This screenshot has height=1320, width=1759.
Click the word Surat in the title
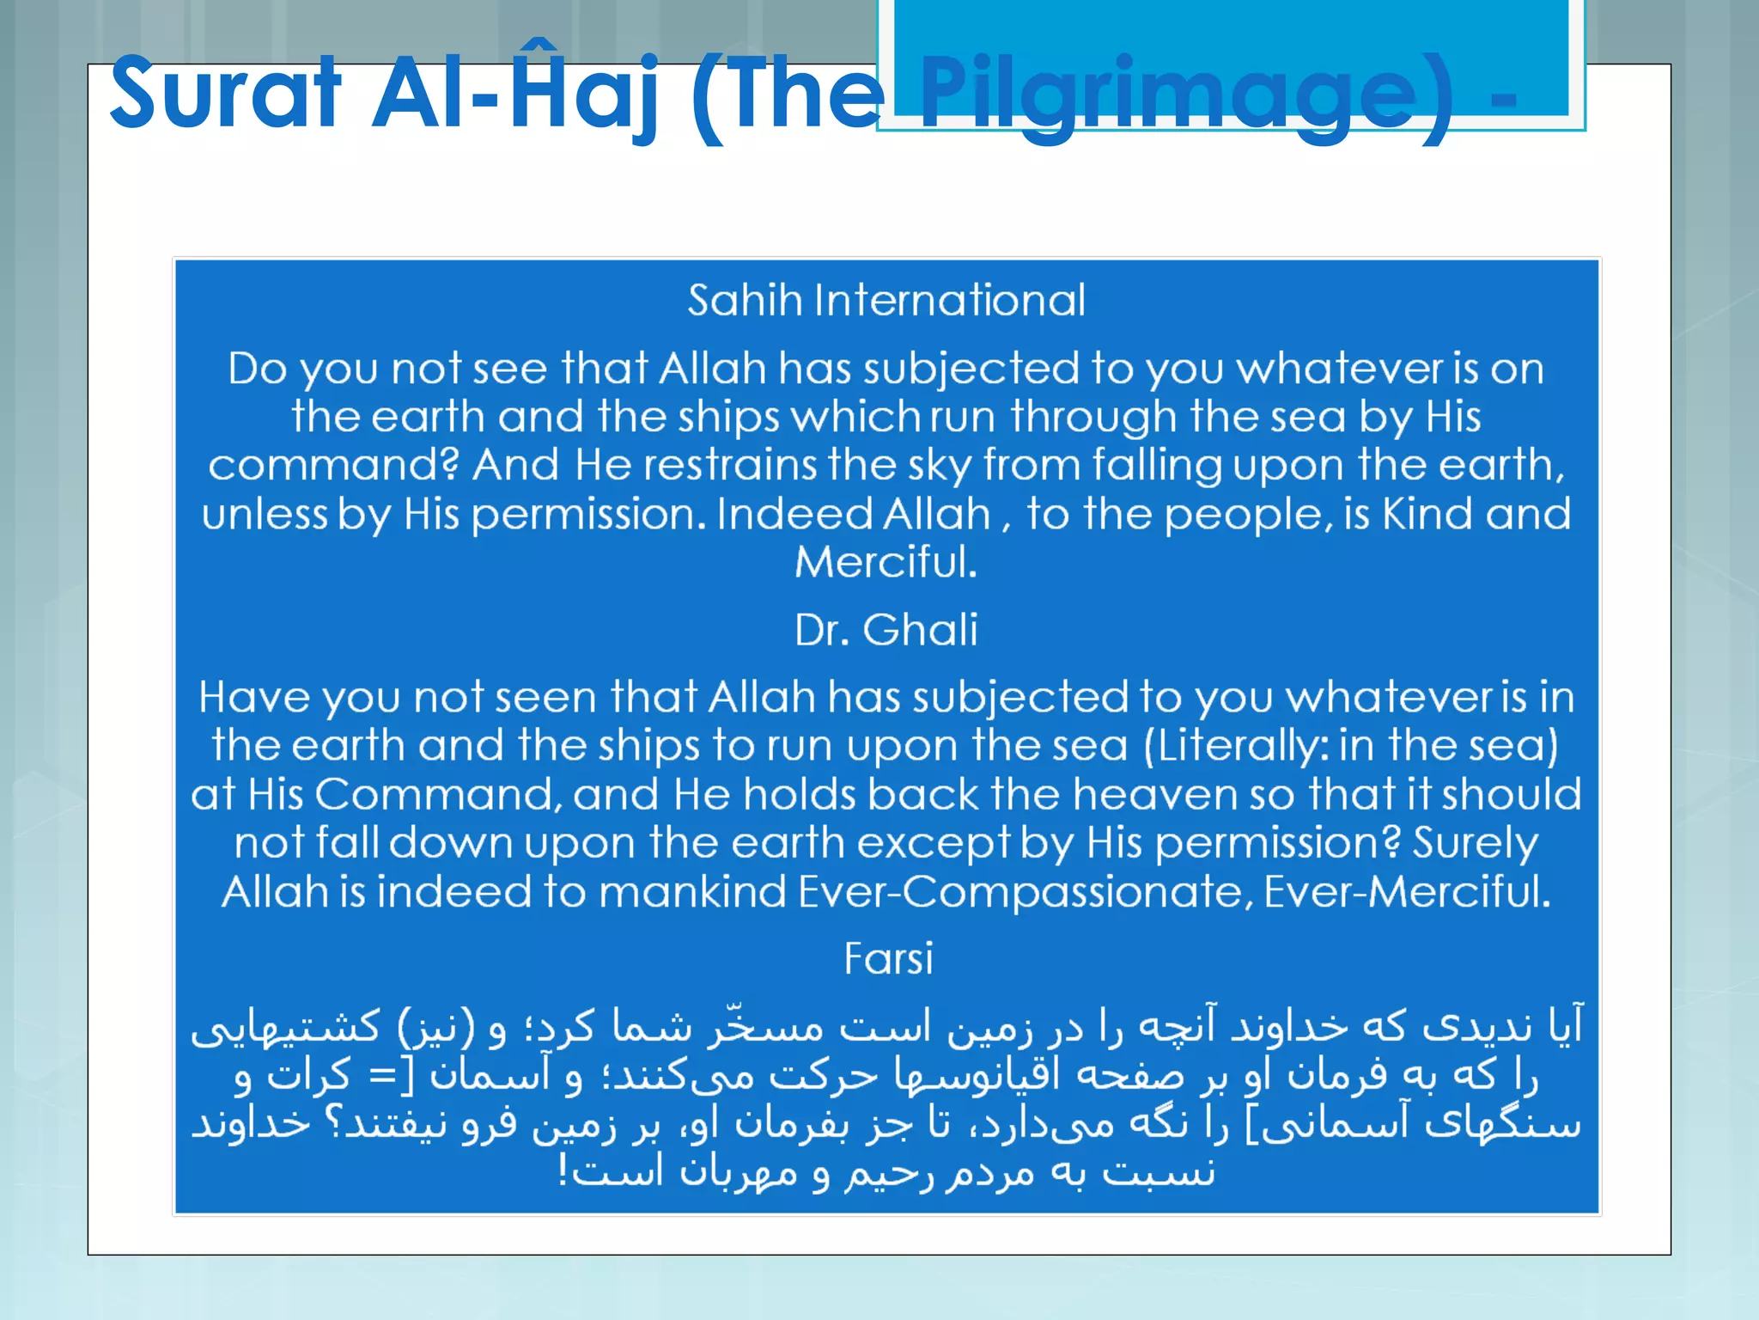point(225,93)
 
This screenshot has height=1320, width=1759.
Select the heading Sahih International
point(886,301)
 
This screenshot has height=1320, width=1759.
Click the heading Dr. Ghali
point(886,630)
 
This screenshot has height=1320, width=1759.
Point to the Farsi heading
point(888,958)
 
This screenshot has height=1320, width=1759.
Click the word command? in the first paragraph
point(334,466)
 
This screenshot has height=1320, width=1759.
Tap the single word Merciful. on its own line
point(886,563)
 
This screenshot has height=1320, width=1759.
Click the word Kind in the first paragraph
point(1427,514)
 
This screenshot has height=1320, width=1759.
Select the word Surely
point(1476,844)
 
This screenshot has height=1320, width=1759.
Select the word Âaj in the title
point(584,93)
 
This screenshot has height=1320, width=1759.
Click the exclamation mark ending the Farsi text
point(563,1171)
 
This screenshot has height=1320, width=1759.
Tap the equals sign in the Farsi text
point(380,1075)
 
